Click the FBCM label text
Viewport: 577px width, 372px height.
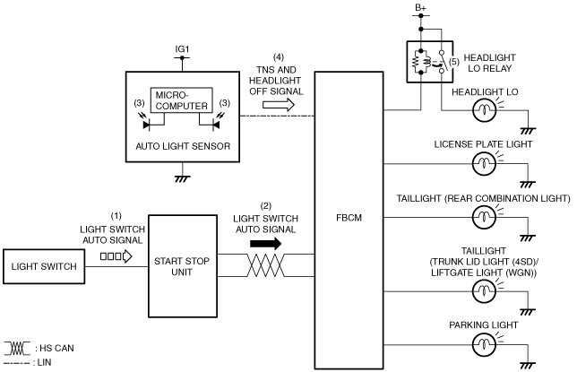pyautogui.click(x=349, y=218)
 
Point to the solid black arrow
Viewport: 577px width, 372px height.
pyautogui.click(x=266, y=244)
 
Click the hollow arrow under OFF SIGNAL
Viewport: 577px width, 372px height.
pyautogui.click(x=279, y=105)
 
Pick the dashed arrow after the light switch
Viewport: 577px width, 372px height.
pyautogui.click(x=116, y=256)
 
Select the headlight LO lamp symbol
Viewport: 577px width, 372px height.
pyautogui.click(x=484, y=110)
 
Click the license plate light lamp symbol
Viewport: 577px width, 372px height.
pyautogui.click(x=484, y=163)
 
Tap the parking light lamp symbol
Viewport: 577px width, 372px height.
pyautogui.click(x=484, y=344)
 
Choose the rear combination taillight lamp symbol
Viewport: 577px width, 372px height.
pyautogui.click(x=484, y=217)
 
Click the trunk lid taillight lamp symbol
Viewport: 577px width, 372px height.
pyautogui.click(x=484, y=291)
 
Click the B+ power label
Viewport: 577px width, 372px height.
pyautogui.click(x=420, y=8)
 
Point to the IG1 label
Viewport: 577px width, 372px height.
pyautogui.click(x=182, y=49)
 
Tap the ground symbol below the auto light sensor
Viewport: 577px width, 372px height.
pyautogui.click(x=183, y=178)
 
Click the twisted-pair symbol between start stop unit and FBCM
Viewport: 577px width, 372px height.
pyautogui.click(x=266, y=265)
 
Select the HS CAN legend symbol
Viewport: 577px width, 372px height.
pyautogui.click(x=17, y=348)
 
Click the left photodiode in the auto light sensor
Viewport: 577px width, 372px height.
pyautogui.click(x=146, y=125)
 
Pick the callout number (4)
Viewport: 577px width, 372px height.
pyautogui.click(x=279, y=57)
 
